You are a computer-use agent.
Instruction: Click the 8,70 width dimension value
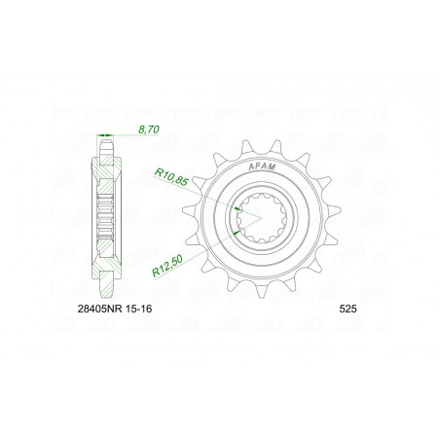click(149, 129)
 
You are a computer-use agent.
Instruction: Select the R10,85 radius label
click(171, 177)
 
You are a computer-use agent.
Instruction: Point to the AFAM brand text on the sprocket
click(262, 166)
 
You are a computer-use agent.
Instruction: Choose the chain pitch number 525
click(348, 309)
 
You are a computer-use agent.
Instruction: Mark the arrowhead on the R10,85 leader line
click(239, 209)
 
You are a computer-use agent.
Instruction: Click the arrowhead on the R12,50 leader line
click(238, 231)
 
